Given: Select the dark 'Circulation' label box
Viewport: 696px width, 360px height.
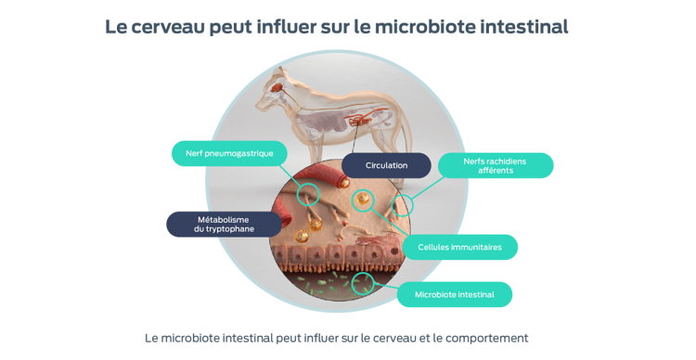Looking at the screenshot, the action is (x=386, y=165).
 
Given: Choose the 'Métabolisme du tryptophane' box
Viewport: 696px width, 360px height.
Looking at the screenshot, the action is (x=223, y=225).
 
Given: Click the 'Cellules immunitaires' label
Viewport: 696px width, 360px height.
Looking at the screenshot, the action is (x=460, y=247).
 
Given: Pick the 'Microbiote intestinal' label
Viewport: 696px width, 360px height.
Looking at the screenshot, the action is (x=455, y=295).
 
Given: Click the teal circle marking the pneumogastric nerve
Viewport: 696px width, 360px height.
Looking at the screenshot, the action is (x=308, y=194).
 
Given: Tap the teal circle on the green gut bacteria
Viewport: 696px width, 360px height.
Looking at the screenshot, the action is (x=364, y=280).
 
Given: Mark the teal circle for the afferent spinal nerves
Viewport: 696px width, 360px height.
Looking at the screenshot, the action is (x=404, y=205).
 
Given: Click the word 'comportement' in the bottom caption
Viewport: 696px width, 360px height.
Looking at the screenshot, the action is (x=493, y=338).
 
